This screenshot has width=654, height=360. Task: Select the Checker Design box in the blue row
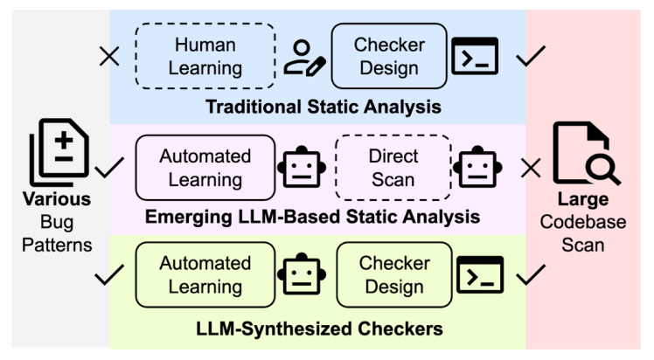(389, 56)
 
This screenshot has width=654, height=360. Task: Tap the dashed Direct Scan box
(393, 168)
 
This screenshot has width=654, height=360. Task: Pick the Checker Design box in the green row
(394, 274)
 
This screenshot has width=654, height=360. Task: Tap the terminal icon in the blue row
(475, 57)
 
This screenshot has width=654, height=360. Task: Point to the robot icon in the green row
(300, 274)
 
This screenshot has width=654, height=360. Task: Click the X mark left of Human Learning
(109, 58)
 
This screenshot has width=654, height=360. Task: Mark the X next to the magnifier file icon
(531, 168)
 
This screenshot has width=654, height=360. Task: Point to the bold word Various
(57, 201)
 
